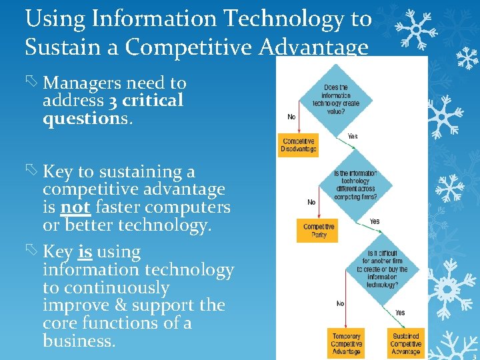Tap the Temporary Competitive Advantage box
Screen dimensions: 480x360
click(x=345, y=343)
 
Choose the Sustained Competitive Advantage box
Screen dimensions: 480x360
click(x=405, y=343)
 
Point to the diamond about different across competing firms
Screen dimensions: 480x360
click(x=355, y=185)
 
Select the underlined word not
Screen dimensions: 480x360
click(x=75, y=207)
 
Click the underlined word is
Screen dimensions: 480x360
click(x=85, y=252)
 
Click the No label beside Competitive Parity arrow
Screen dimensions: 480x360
click(x=311, y=201)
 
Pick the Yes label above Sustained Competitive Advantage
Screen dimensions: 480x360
click(x=399, y=313)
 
